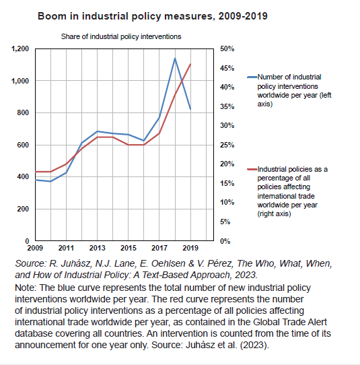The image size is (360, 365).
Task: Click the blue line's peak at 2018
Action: tap(175, 58)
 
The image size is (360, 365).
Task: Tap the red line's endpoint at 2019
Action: tap(190, 64)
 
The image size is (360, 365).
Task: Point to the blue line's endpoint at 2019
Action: tap(190, 109)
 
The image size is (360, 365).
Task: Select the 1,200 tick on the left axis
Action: tap(20, 48)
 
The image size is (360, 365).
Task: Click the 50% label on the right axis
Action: tap(227, 48)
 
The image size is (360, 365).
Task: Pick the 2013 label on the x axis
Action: tap(97, 248)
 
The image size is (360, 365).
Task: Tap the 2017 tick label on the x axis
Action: tap(159, 248)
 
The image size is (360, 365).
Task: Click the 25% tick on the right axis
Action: tap(227, 145)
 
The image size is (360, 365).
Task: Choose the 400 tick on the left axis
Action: tap(23, 176)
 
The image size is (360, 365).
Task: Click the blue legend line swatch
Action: tap(252, 77)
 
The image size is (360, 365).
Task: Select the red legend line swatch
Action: tap(252, 169)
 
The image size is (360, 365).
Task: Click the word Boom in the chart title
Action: tap(50, 16)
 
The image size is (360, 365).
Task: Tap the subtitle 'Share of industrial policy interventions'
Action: tap(121, 36)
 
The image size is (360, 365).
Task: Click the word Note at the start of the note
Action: tap(26, 288)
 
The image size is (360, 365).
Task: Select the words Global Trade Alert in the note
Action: tap(290, 322)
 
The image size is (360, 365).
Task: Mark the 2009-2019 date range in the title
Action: tap(243, 16)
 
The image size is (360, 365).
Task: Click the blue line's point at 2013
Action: tap(97, 131)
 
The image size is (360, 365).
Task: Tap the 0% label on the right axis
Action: tap(225, 241)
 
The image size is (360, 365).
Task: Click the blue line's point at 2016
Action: tap(144, 141)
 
